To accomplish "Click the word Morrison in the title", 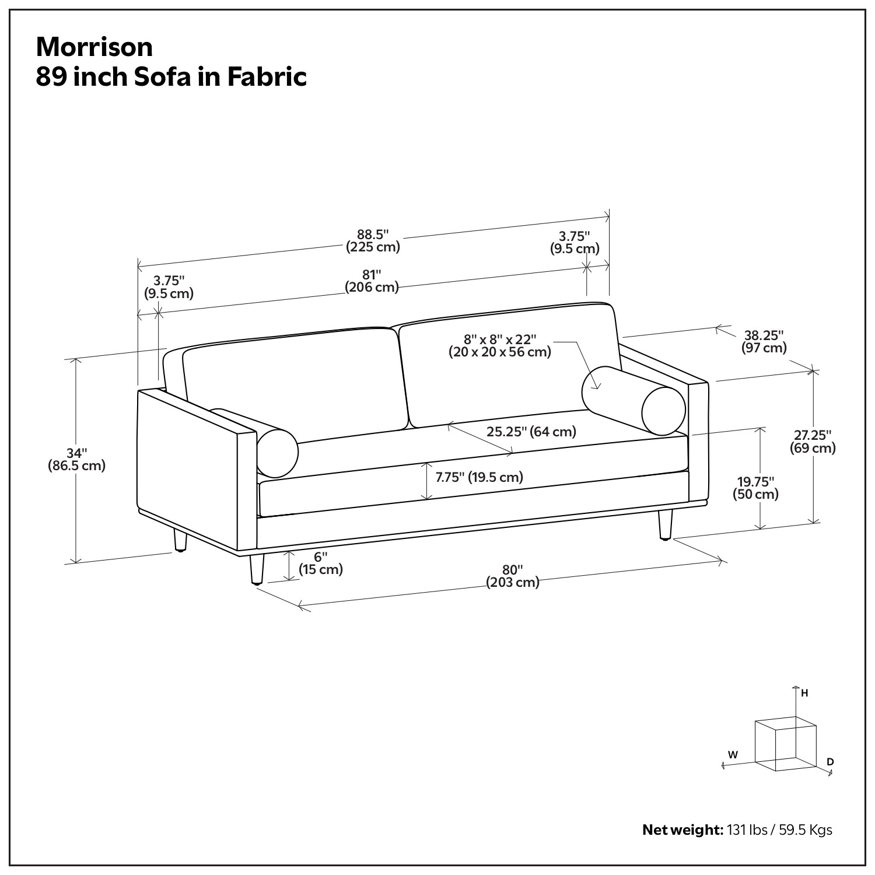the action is pyautogui.click(x=94, y=47).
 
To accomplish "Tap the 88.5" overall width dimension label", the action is pyautogui.click(x=373, y=240).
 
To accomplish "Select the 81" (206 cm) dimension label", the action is pyautogui.click(x=372, y=281).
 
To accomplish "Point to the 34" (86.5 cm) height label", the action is pyautogui.click(x=76, y=459).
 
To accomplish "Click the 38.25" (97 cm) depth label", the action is pyautogui.click(x=764, y=341).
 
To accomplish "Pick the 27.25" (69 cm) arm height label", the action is pyautogui.click(x=813, y=442).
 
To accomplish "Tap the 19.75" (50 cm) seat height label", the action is pyautogui.click(x=755, y=488).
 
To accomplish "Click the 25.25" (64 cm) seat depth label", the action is pyautogui.click(x=531, y=432).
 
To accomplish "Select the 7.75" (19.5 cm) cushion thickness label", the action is pyautogui.click(x=480, y=477).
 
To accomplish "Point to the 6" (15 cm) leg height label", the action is pyautogui.click(x=321, y=563).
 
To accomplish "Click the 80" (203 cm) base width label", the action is pyautogui.click(x=513, y=576).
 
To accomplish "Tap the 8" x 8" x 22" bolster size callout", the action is pyautogui.click(x=500, y=345).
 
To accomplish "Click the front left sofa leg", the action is pyautogui.click(x=256, y=569).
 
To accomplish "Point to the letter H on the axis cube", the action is pyautogui.click(x=804, y=693).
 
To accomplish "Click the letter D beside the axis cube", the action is pyautogui.click(x=830, y=762).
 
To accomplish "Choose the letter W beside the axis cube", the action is pyautogui.click(x=733, y=754).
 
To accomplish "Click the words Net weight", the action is pyautogui.click(x=682, y=829).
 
